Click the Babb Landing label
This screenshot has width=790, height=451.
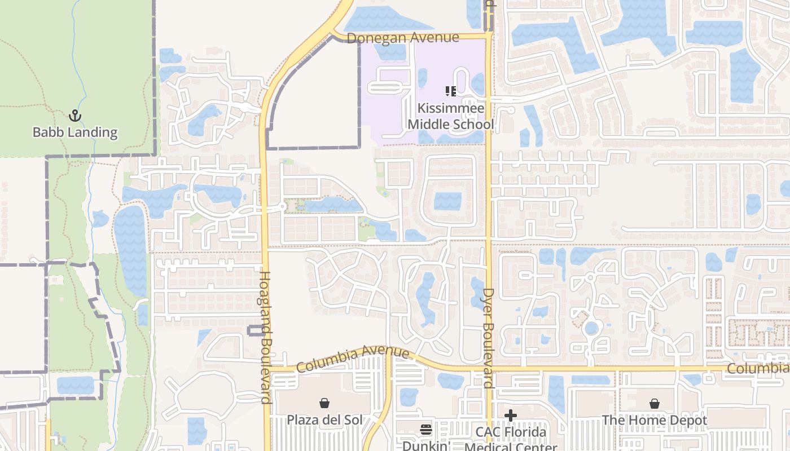(x=75, y=132)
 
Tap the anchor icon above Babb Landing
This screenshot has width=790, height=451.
(x=74, y=116)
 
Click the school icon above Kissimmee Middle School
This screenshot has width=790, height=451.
(x=450, y=91)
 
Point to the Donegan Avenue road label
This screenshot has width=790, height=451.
(x=403, y=38)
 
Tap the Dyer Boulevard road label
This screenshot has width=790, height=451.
(x=489, y=338)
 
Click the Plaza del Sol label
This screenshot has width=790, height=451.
(x=324, y=420)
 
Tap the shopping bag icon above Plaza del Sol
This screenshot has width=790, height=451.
(x=324, y=403)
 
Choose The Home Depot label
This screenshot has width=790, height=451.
(x=654, y=421)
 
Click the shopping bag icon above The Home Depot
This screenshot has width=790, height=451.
(x=654, y=404)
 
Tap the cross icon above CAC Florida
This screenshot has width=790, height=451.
(x=511, y=416)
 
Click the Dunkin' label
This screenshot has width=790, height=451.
(x=426, y=445)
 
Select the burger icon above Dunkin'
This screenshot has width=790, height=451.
(x=426, y=430)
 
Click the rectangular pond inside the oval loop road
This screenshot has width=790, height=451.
(x=447, y=201)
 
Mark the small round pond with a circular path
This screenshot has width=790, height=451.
(x=591, y=328)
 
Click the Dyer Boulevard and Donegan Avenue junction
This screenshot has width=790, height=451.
(x=489, y=36)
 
